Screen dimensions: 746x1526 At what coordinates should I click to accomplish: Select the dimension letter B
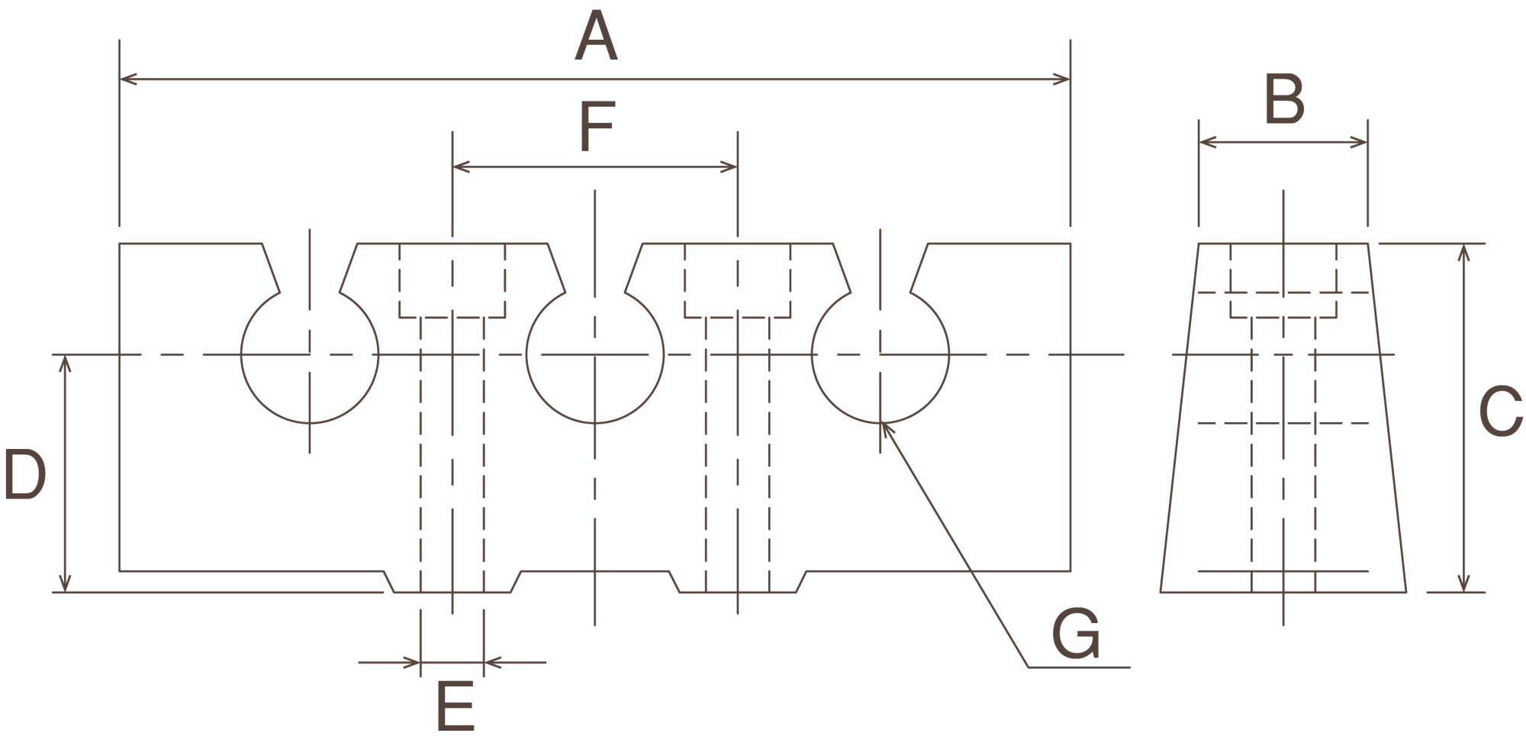coord(1284,99)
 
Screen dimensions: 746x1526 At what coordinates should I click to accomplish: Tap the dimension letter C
coord(1500,412)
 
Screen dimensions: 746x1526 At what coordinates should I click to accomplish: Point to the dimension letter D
coord(24,474)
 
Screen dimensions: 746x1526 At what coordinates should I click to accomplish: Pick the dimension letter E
coord(455,706)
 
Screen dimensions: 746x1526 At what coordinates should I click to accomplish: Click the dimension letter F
coord(597,128)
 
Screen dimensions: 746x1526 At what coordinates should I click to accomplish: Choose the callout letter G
coord(1076,634)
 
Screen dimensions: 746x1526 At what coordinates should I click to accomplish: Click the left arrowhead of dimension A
coord(127,79)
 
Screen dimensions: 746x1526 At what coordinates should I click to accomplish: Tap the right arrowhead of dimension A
coord(1063,79)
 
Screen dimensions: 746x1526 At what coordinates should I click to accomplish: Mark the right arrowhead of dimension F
coord(730,166)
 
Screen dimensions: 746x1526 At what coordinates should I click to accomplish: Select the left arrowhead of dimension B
coord(1206,142)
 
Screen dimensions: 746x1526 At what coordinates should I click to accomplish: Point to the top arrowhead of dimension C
coord(1463,251)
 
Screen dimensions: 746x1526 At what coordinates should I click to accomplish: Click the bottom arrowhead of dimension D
coord(66,584)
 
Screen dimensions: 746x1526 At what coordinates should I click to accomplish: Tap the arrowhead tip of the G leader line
coord(884,425)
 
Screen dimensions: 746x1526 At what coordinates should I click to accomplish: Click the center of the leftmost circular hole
coord(310,354)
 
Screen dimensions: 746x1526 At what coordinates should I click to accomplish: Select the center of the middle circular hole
coord(595,354)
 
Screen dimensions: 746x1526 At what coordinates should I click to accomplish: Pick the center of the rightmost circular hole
coord(881,354)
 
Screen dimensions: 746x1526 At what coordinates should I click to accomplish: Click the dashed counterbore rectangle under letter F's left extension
coord(452,280)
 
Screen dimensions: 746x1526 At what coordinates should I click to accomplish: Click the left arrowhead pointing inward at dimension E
coord(414,662)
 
